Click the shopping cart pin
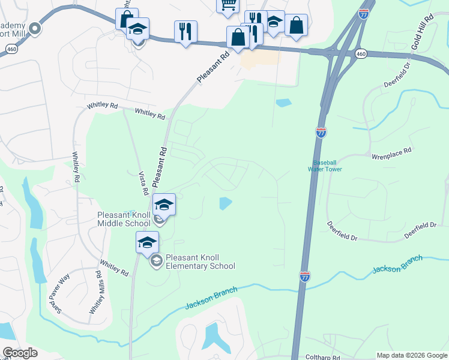point(228,5)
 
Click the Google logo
point(20,353)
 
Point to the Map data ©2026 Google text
point(412,355)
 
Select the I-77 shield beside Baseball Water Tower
point(321,133)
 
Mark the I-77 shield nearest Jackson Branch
point(305,276)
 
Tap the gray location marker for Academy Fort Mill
point(35,27)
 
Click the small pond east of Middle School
point(225,203)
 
